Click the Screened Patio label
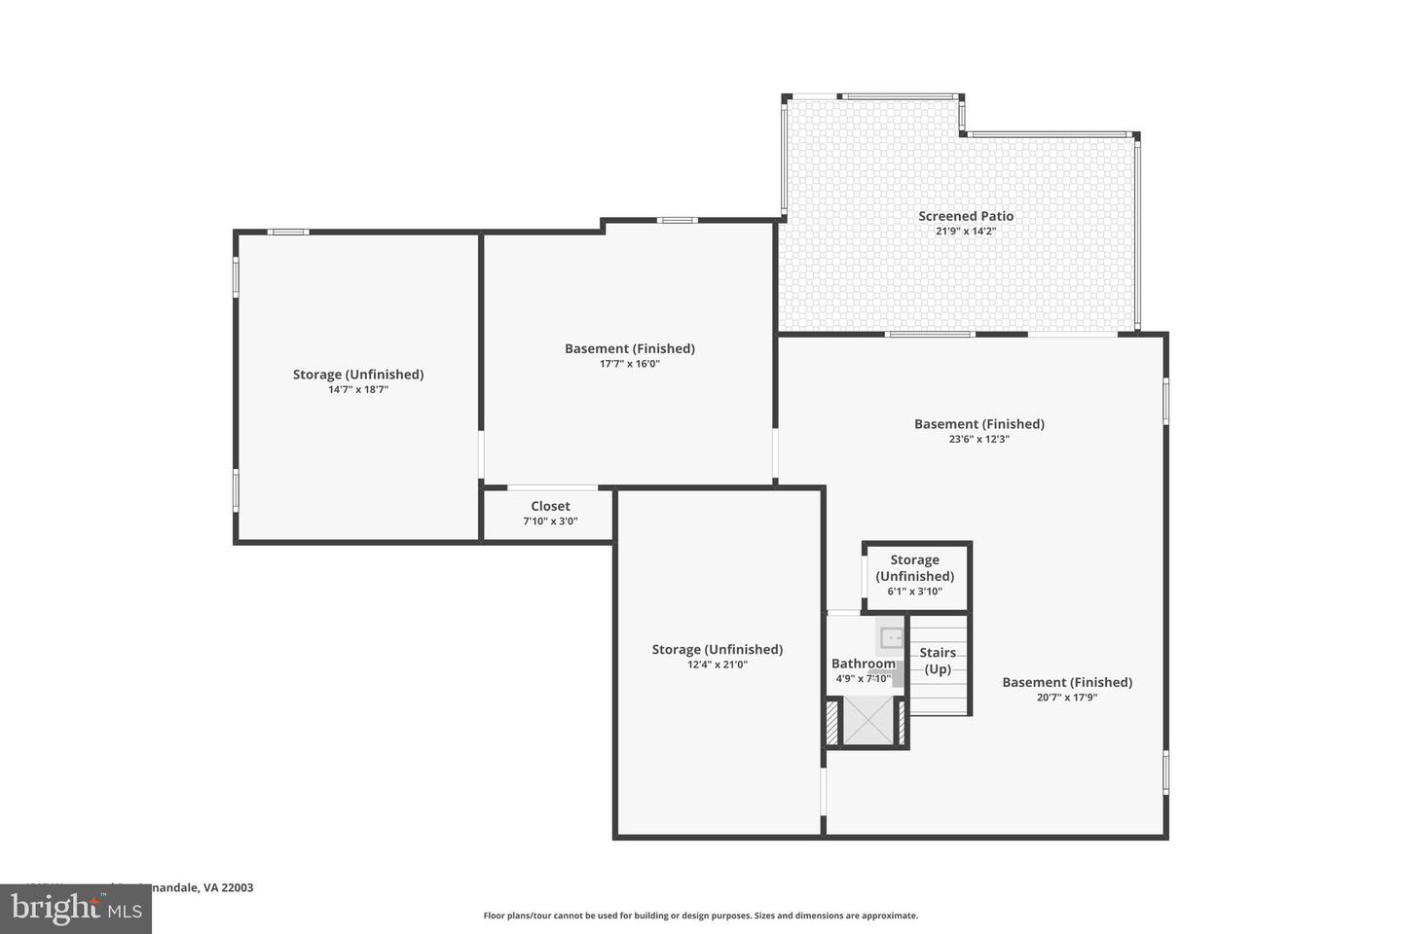point(966,216)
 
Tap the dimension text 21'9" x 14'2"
point(966,232)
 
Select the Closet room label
point(550,506)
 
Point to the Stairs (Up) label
point(938,661)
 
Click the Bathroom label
point(863,664)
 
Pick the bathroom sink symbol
point(891,638)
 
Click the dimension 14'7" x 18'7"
point(358,389)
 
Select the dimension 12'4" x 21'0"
point(718,665)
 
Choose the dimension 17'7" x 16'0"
point(630,364)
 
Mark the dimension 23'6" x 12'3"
point(979,439)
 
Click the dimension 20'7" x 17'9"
point(1067,698)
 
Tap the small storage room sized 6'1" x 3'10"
point(915,576)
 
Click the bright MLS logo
point(76,909)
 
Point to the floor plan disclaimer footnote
point(701,916)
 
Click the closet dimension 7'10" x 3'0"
point(550,521)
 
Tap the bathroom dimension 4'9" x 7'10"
point(863,679)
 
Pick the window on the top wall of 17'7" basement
point(677,221)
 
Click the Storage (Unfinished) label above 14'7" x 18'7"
point(358,374)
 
